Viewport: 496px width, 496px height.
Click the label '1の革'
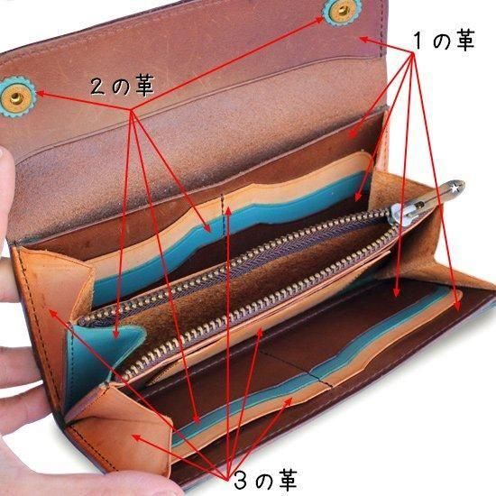444,41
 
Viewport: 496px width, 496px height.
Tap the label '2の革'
122,86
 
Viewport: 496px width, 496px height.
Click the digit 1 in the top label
418,41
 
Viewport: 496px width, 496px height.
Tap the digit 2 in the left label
97,86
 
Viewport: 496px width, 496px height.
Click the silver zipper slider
402,214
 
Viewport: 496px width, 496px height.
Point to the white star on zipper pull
455,188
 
